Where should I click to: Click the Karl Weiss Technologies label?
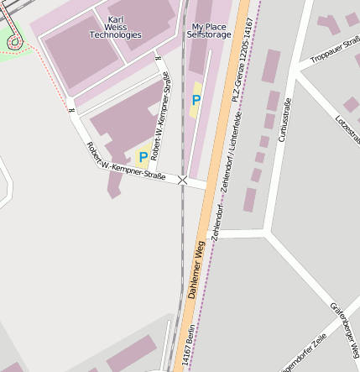(x=116, y=27)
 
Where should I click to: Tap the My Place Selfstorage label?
(x=208, y=31)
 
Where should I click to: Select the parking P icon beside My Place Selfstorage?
(x=196, y=100)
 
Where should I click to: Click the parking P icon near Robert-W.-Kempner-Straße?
(x=143, y=157)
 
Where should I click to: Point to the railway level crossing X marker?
(x=183, y=180)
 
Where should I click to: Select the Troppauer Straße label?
(x=334, y=50)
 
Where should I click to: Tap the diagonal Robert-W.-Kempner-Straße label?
(x=126, y=165)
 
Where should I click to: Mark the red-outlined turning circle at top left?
(x=15, y=41)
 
